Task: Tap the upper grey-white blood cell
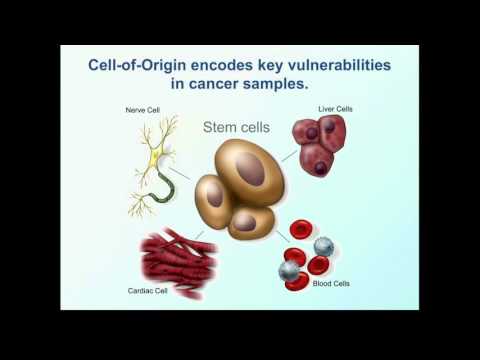click(323, 246)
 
